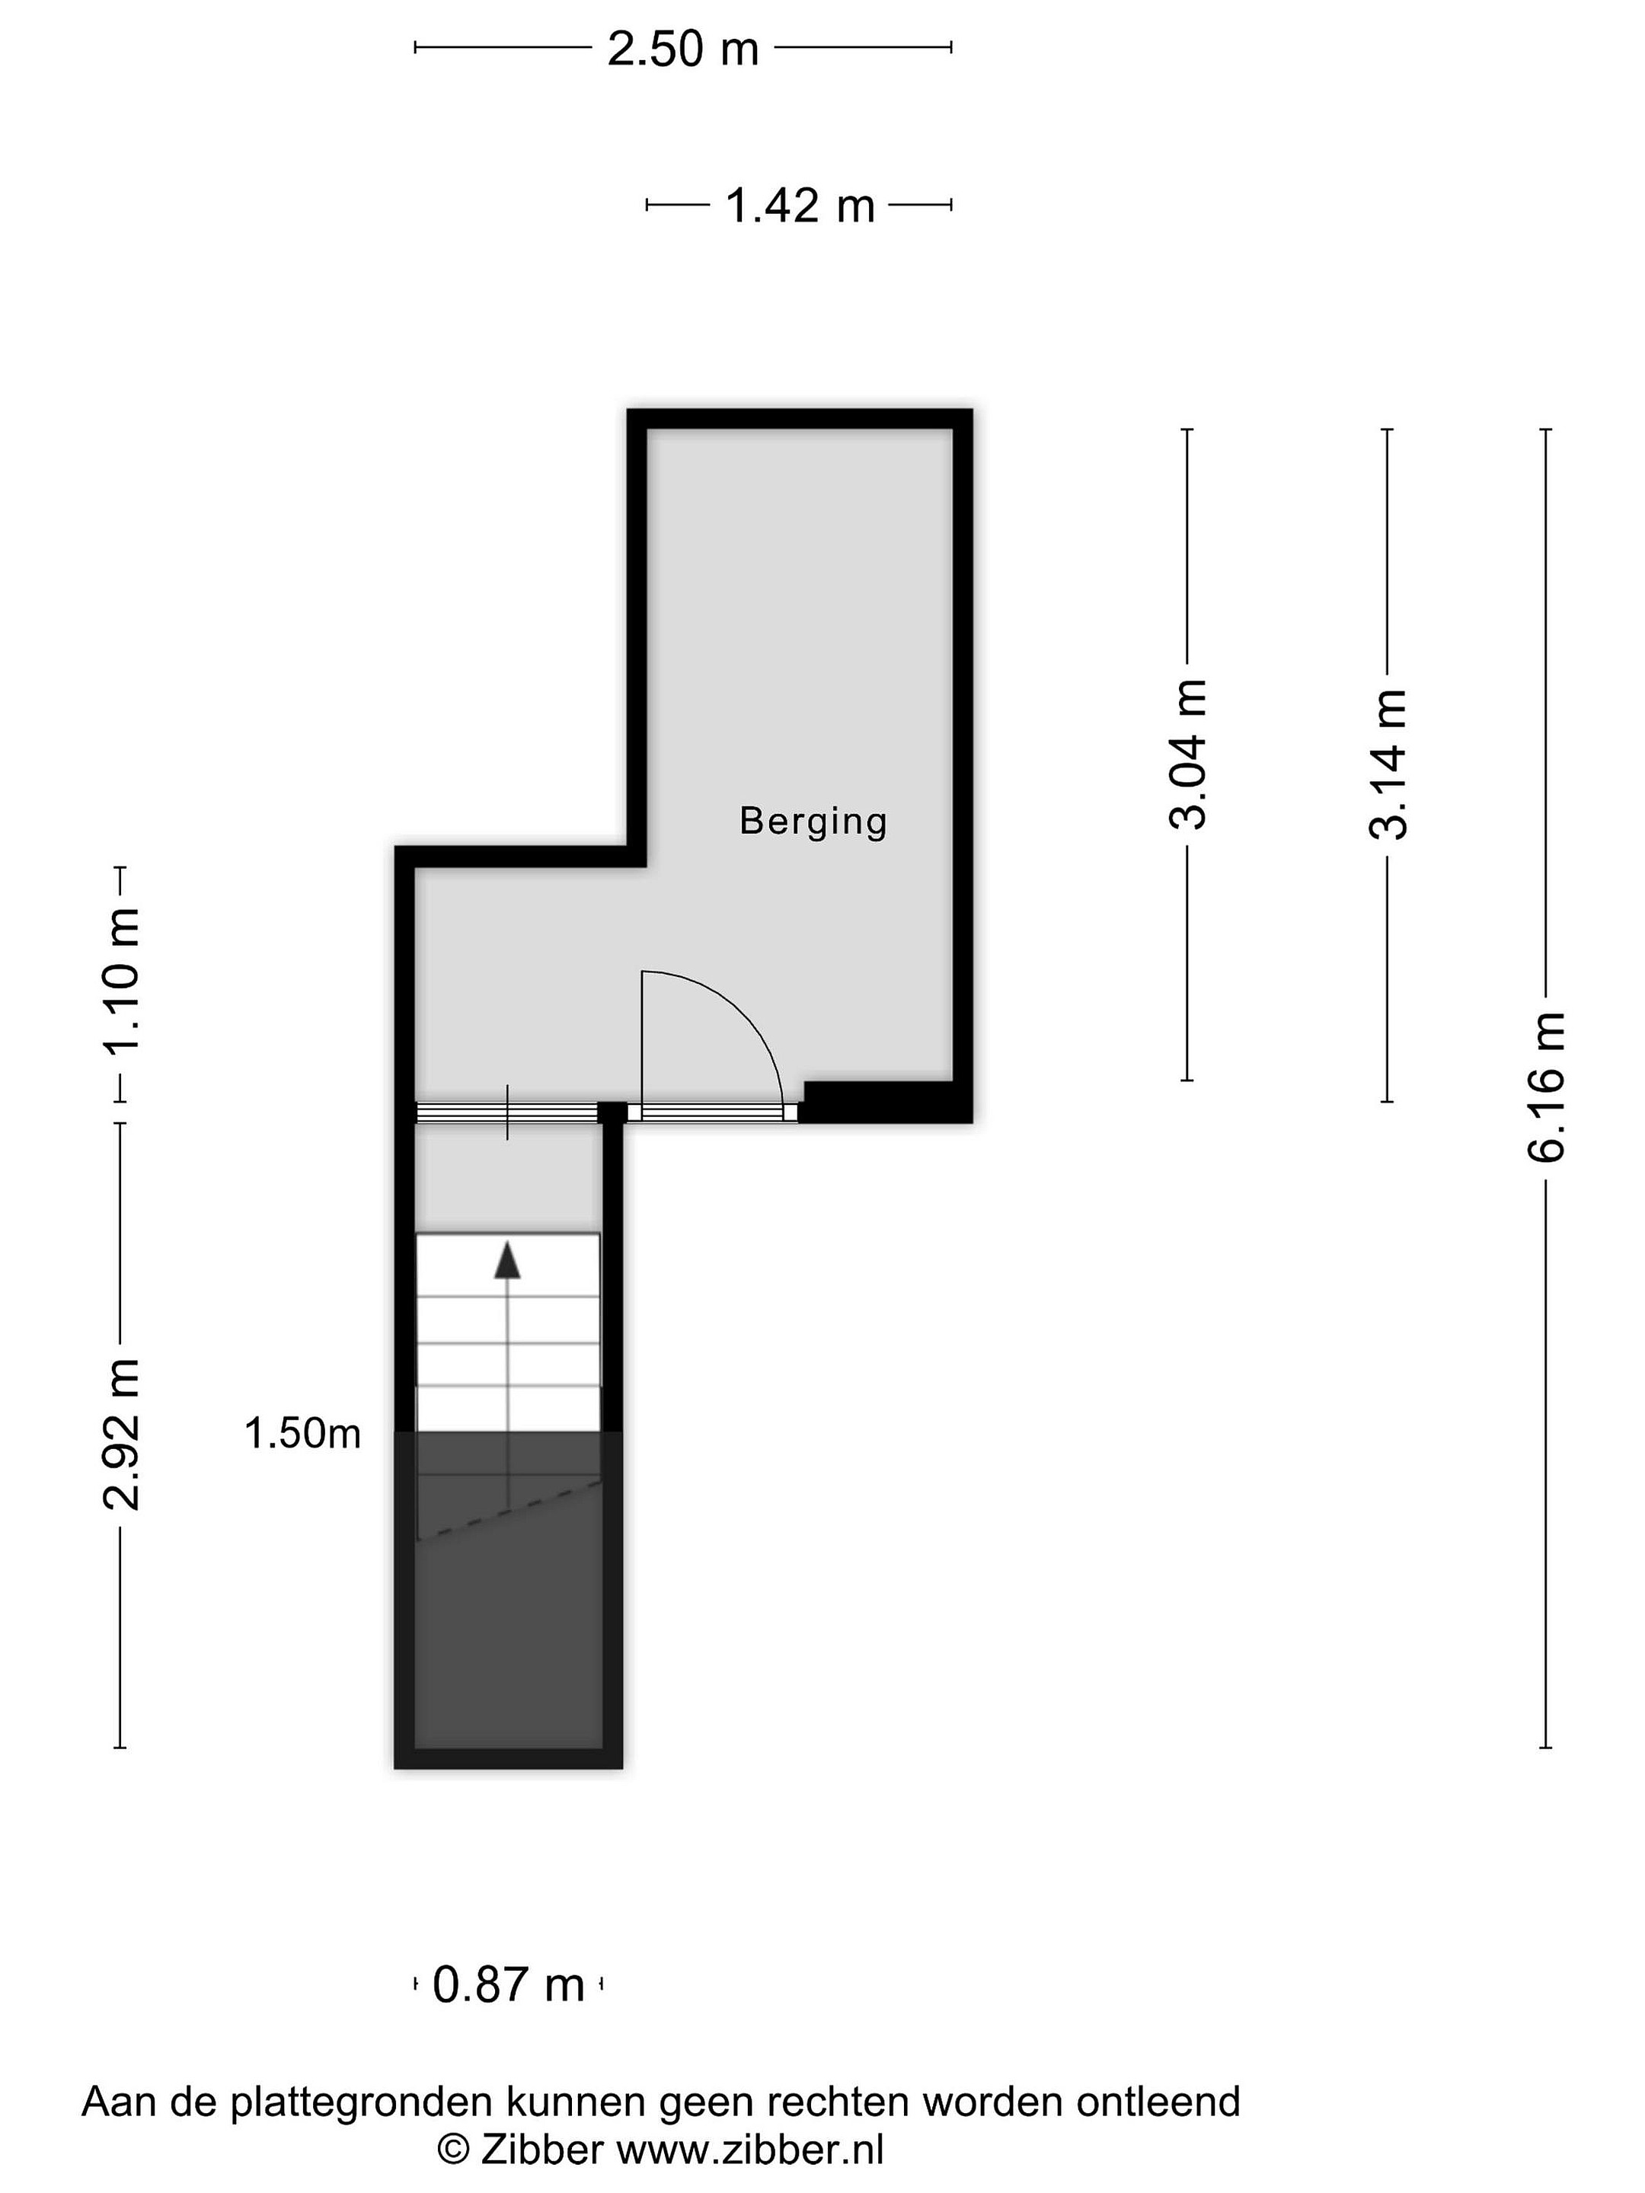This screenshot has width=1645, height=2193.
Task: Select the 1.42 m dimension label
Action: click(x=800, y=206)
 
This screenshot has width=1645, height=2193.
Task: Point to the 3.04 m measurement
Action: click(x=1189, y=755)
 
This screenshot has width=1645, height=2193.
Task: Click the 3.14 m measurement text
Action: click(x=1387, y=765)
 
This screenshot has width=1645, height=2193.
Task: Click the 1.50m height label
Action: click(x=302, y=1434)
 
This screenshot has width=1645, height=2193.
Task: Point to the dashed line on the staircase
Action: click(x=509, y=1511)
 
